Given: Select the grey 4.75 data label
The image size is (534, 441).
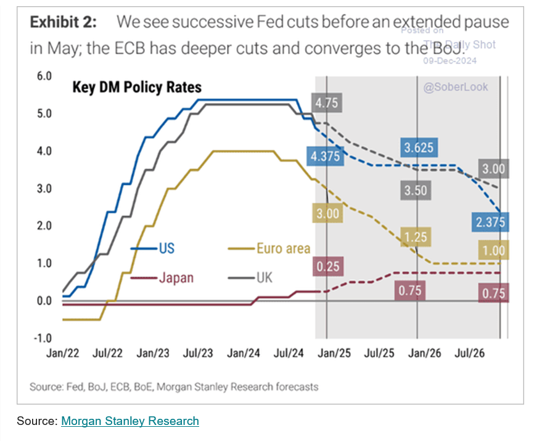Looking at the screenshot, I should coord(326,104).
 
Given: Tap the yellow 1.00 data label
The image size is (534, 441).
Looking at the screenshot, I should coord(494,250).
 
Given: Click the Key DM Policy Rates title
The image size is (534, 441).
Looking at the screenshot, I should coord(137,88).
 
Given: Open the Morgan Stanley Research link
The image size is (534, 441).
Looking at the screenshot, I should coord(130,421).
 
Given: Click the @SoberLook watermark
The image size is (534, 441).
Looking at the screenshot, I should coord(456,87).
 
